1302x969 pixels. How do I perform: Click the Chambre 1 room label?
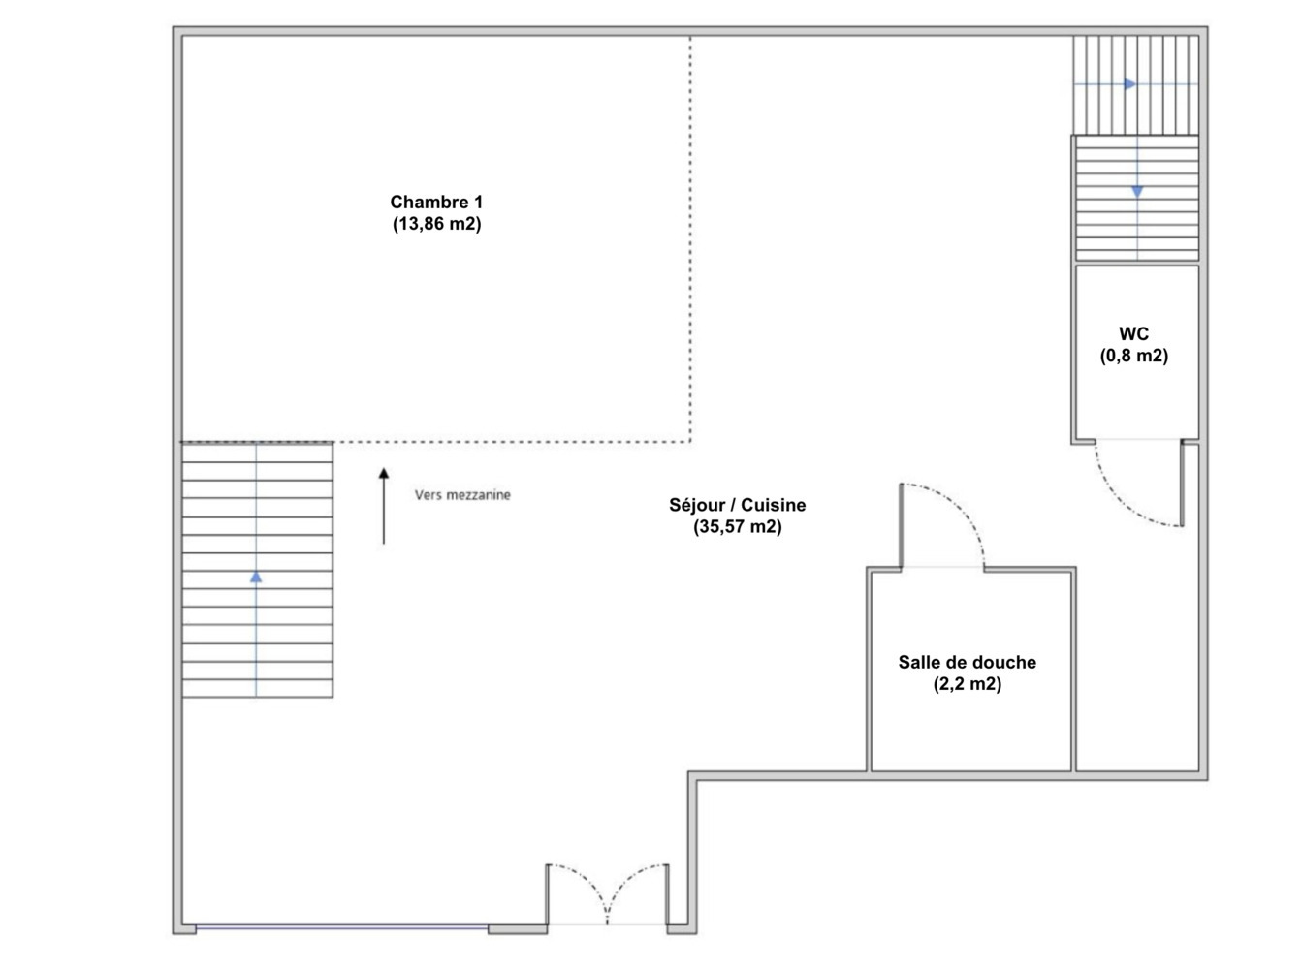[x=436, y=202]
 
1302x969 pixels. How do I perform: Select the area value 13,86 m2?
[x=436, y=224]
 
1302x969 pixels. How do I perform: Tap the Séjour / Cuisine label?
[x=737, y=505]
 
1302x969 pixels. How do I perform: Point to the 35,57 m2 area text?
[x=737, y=526]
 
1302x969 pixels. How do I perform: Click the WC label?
[x=1133, y=333]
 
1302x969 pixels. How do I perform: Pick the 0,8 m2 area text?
[x=1133, y=355]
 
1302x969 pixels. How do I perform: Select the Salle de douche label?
[x=967, y=662]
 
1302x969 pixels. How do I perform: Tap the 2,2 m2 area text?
[x=967, y=684]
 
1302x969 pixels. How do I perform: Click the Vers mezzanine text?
[x=462, y=495]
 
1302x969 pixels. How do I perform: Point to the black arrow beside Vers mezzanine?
[x=384, y=506]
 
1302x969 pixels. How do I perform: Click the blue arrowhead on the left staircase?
[x=256, y=577]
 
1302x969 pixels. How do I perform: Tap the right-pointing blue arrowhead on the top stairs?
[x=1130, y=84]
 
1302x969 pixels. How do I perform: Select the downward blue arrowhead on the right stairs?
[x=1137, y=191]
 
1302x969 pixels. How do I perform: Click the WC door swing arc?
[x=1120, y=507]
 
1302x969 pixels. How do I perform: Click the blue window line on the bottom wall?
[x=341, y=928]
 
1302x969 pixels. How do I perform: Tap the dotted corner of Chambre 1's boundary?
[x=689, y=441]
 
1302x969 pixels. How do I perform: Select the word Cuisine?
[x=773, y=505]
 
